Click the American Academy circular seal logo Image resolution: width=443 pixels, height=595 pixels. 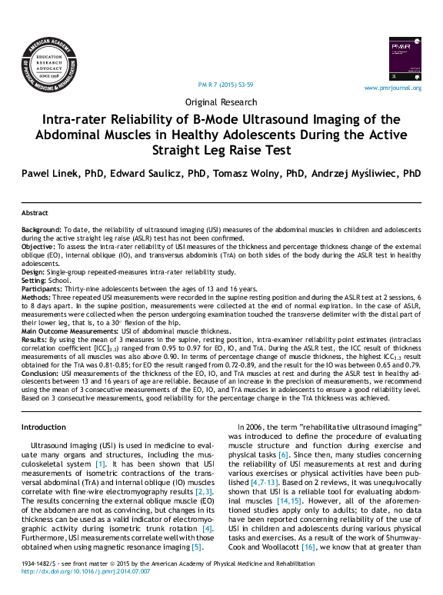coord(50,62)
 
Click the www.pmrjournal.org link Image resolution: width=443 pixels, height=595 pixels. coord(392,88)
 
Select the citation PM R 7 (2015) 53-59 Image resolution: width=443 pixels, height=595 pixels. coord(225,84)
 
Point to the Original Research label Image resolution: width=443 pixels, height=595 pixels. coord(221,102)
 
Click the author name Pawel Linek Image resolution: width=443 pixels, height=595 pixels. coord(52,173)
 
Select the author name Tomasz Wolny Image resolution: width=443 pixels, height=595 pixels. coord(254,173)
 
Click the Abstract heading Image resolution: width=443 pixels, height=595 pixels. coord(35,213)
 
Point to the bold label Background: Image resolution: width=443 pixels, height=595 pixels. coord(41,230)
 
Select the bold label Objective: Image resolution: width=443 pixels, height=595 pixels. coord(38,246)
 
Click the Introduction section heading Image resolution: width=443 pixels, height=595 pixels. coord(44,427)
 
